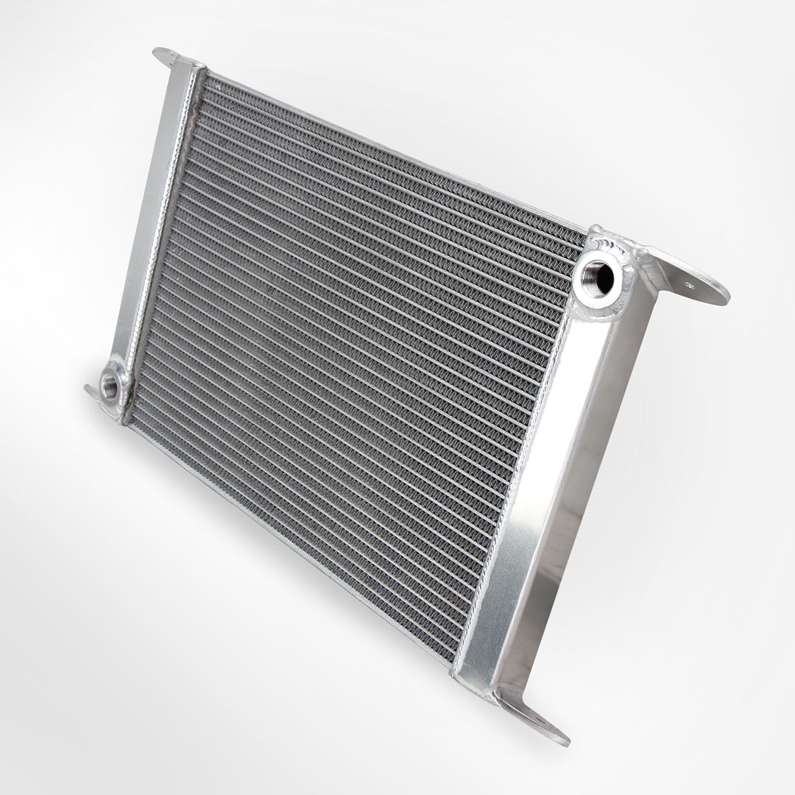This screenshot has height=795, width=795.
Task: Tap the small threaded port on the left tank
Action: point(111,386)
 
